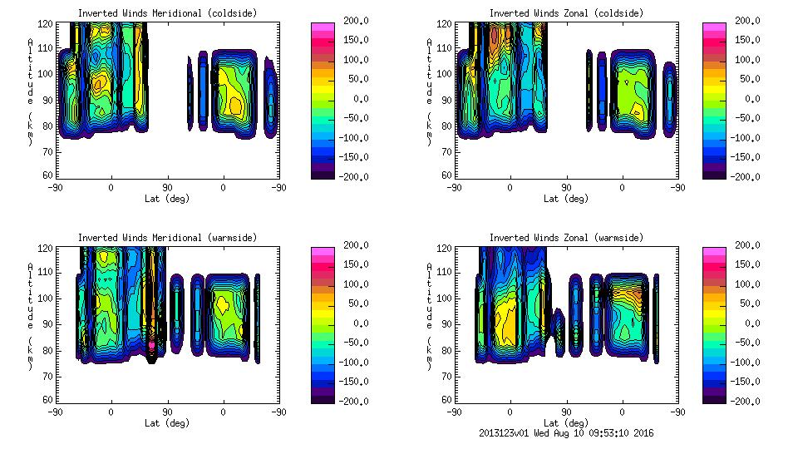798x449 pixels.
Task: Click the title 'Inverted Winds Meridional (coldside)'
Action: [x=168, y=13]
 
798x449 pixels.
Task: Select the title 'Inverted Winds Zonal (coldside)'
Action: [x=566, y=13]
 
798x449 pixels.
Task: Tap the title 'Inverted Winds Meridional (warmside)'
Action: [x=168, y=238]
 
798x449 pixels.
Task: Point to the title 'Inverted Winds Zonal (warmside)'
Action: [x=566, y=238]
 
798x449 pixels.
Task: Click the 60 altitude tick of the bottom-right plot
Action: [x=446, y=400]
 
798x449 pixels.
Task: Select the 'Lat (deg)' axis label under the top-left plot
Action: [x=166, y=199]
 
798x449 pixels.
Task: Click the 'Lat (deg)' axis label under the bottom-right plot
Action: [x=565, y=422]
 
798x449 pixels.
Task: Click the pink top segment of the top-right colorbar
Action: [x=715, y=27]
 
